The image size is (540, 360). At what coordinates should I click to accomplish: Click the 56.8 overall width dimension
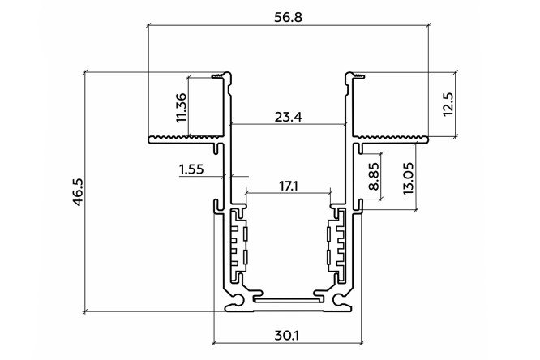click(x=289, y=17)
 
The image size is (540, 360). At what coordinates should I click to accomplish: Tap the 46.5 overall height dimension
click(x=78, y=192)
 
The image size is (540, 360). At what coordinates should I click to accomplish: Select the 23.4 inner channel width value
click(x=289, y=117)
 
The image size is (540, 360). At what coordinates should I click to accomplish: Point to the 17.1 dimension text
click(x=289, y=186)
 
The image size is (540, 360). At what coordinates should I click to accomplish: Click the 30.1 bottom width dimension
click(x=287, y=335)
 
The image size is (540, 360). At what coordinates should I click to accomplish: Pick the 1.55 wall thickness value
click(x=191, y=169)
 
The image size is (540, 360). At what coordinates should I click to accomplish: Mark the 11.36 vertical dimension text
click(x=181, y=108)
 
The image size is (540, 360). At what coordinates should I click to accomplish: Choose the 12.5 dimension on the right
click(x=448, y=105)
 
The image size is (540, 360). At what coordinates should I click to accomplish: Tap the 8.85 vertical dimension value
click(x=374, y=177)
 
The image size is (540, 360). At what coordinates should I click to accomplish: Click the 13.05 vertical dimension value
click(x=408, y=178)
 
